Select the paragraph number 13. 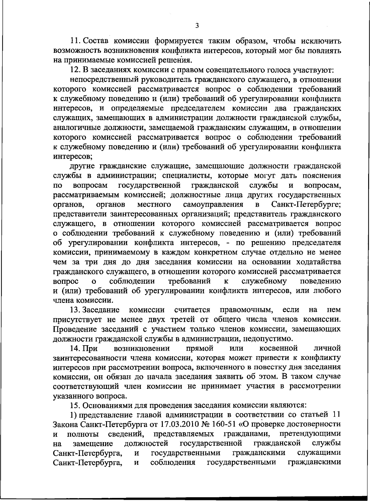click(75, 309)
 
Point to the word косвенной click(279, 348)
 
